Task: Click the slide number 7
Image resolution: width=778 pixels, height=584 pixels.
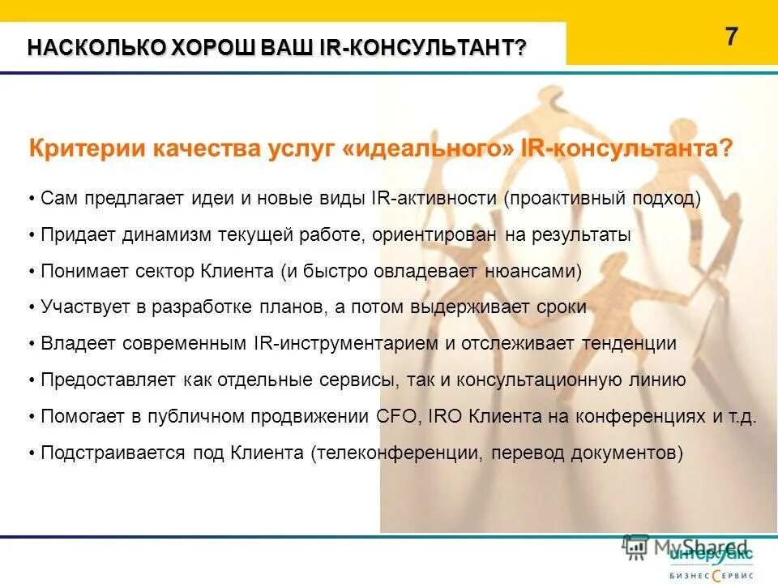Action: point(732,37)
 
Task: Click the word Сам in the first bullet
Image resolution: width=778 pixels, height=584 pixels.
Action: point(58,199)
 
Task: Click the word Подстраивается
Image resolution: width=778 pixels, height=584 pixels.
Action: point(113,453)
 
